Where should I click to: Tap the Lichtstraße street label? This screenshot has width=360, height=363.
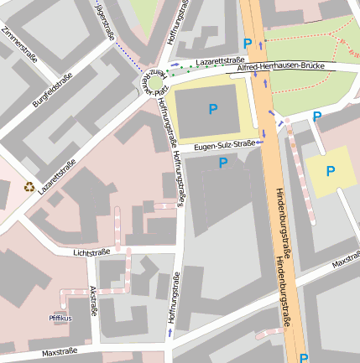(91, 251)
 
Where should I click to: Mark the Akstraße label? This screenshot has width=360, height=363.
(92, 300)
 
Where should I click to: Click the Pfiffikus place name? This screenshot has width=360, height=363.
(60, 319)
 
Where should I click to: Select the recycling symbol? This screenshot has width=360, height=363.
(29, 188)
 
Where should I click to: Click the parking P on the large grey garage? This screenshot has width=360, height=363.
(212, 108)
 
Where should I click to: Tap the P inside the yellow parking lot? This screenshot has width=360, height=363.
(330, 171)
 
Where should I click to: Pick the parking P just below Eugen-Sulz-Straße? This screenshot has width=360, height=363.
(223, 163)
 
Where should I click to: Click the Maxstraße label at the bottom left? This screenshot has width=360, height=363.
(59, 351)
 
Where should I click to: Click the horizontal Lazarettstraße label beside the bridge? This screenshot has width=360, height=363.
(219, 61)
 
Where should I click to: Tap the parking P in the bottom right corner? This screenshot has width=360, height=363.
(303, 357)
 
